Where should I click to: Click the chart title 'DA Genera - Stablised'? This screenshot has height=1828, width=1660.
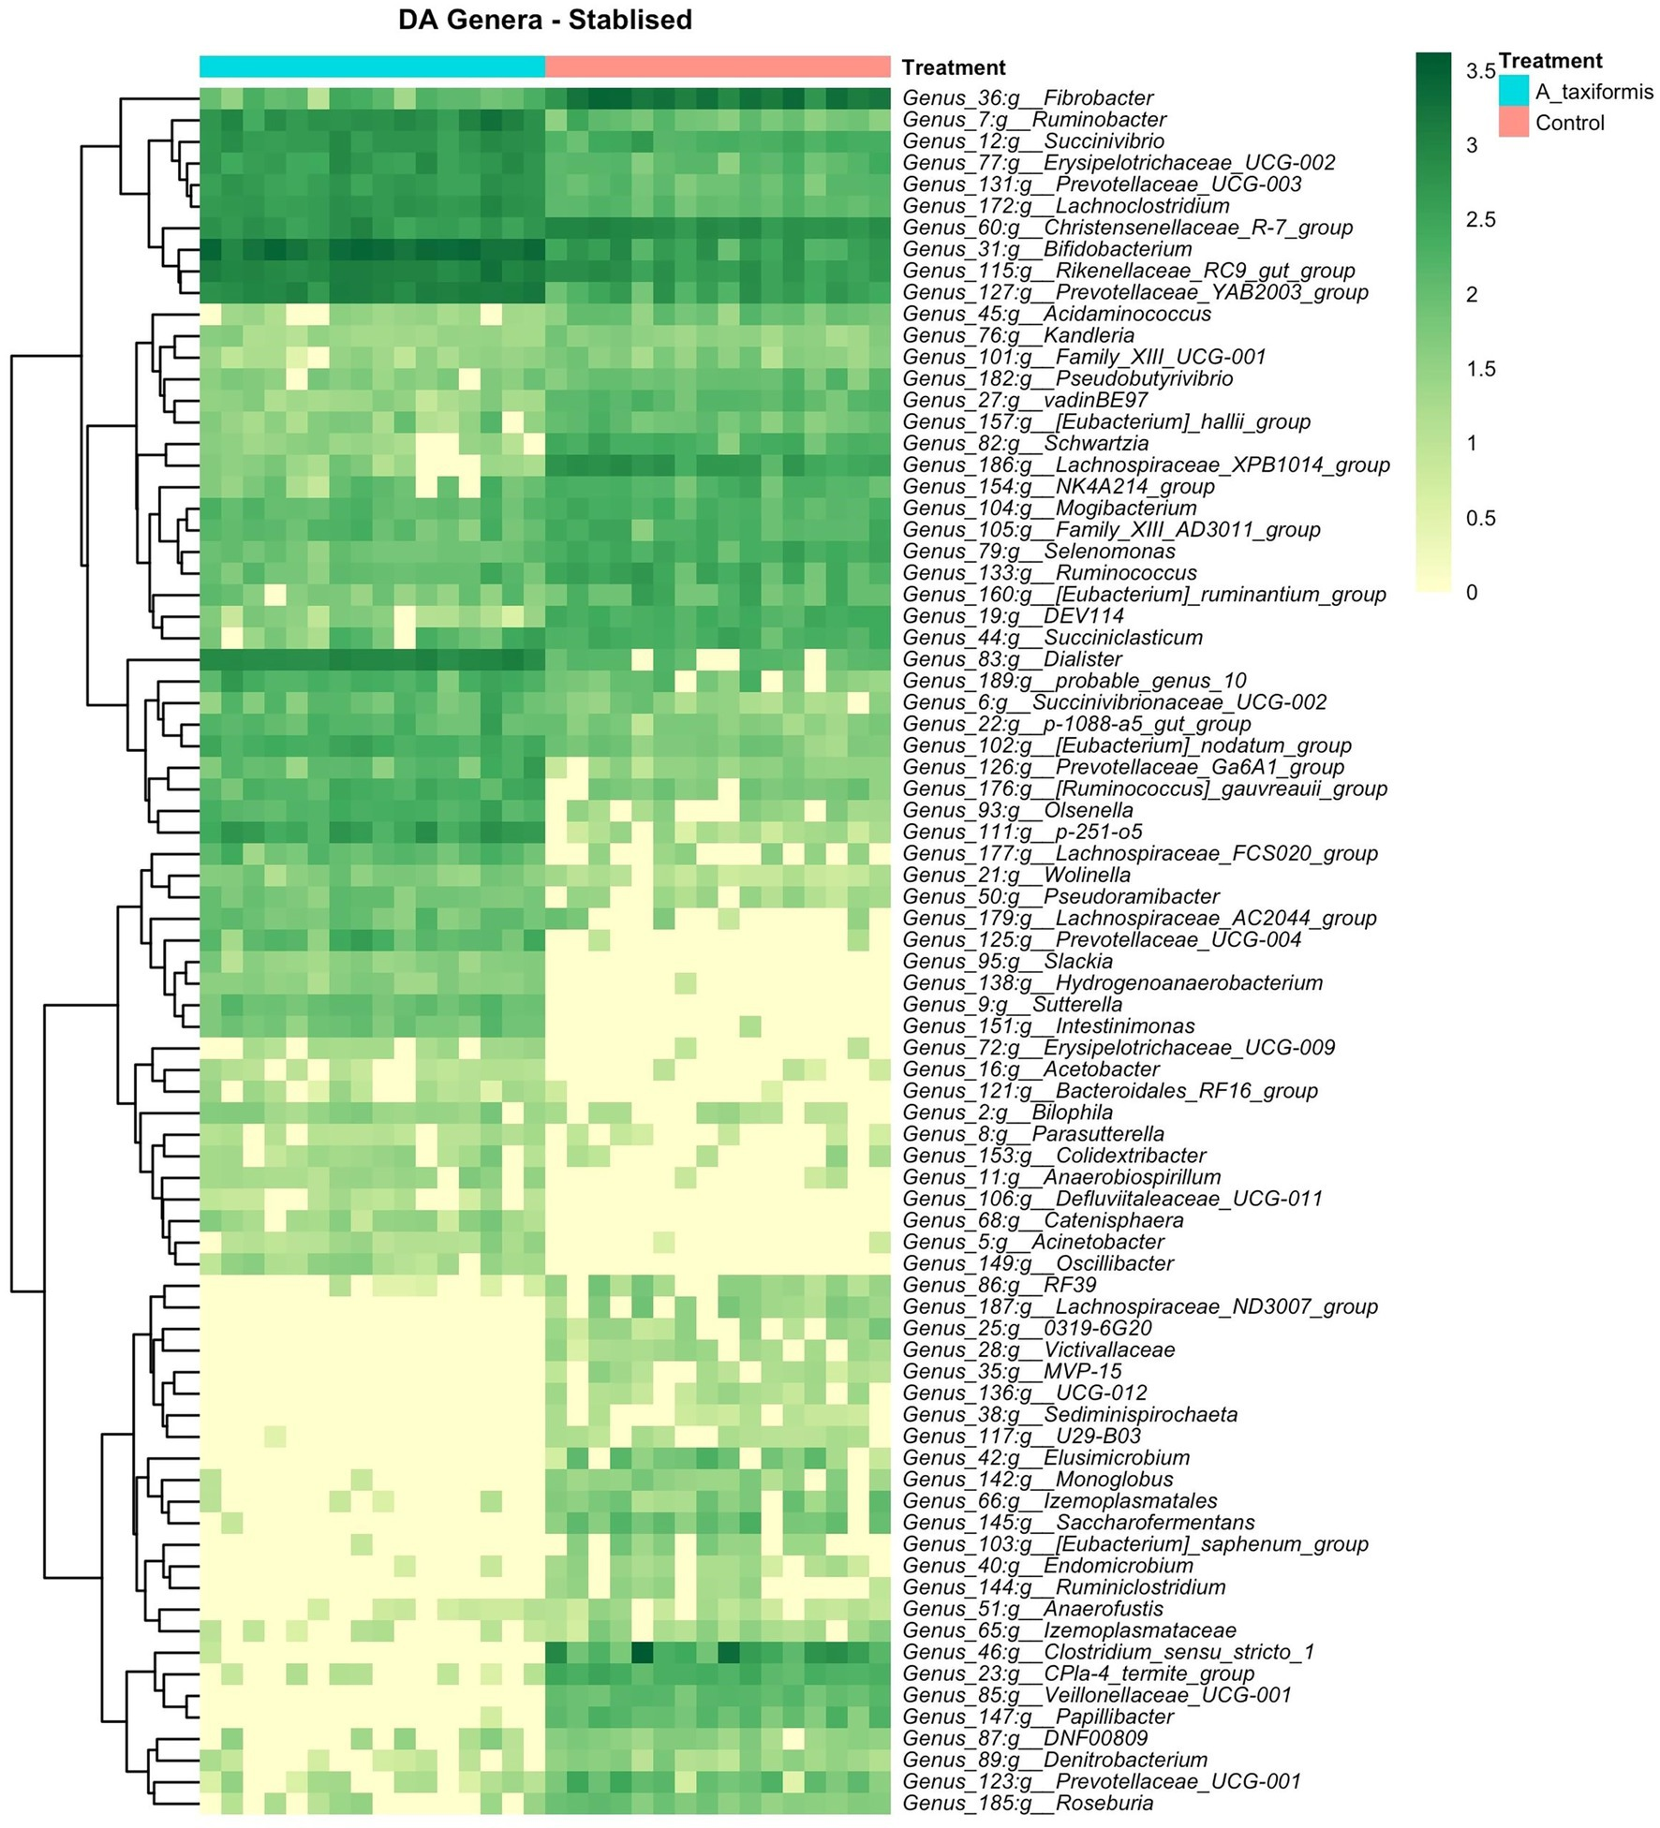(x=544, y=20)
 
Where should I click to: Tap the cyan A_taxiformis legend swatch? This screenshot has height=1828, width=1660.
(x=1513, y=92)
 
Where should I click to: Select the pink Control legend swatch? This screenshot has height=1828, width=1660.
(x=1513, y=123)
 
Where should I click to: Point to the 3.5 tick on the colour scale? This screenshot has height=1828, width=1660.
(x=1480, y=71)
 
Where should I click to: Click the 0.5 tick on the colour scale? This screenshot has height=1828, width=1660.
(x=1480, y=518)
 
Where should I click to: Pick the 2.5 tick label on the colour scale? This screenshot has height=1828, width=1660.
(x=1480, y=220)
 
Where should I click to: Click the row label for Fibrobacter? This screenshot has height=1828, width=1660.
(x=1028, y=98)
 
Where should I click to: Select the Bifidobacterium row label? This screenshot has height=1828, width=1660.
(x=1047, y=249)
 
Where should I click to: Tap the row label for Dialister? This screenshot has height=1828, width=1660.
(x=1012, y=659)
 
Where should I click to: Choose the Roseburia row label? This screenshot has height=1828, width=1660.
(x=1028, y=1804)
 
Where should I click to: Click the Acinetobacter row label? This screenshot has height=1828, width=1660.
(x=1033, y=1243)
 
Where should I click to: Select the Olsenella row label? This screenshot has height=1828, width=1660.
(x=1017, y=811)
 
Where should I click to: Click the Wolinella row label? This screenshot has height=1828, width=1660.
(x=1016, y=876)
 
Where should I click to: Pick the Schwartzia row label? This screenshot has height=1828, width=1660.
(x=1026, y=444)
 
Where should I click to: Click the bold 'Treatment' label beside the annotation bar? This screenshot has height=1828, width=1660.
(x=953, y=67)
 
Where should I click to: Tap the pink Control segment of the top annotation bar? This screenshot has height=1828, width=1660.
(x=718, y=66)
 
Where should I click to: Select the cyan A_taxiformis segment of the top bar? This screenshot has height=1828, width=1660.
(x=372, y=66)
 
